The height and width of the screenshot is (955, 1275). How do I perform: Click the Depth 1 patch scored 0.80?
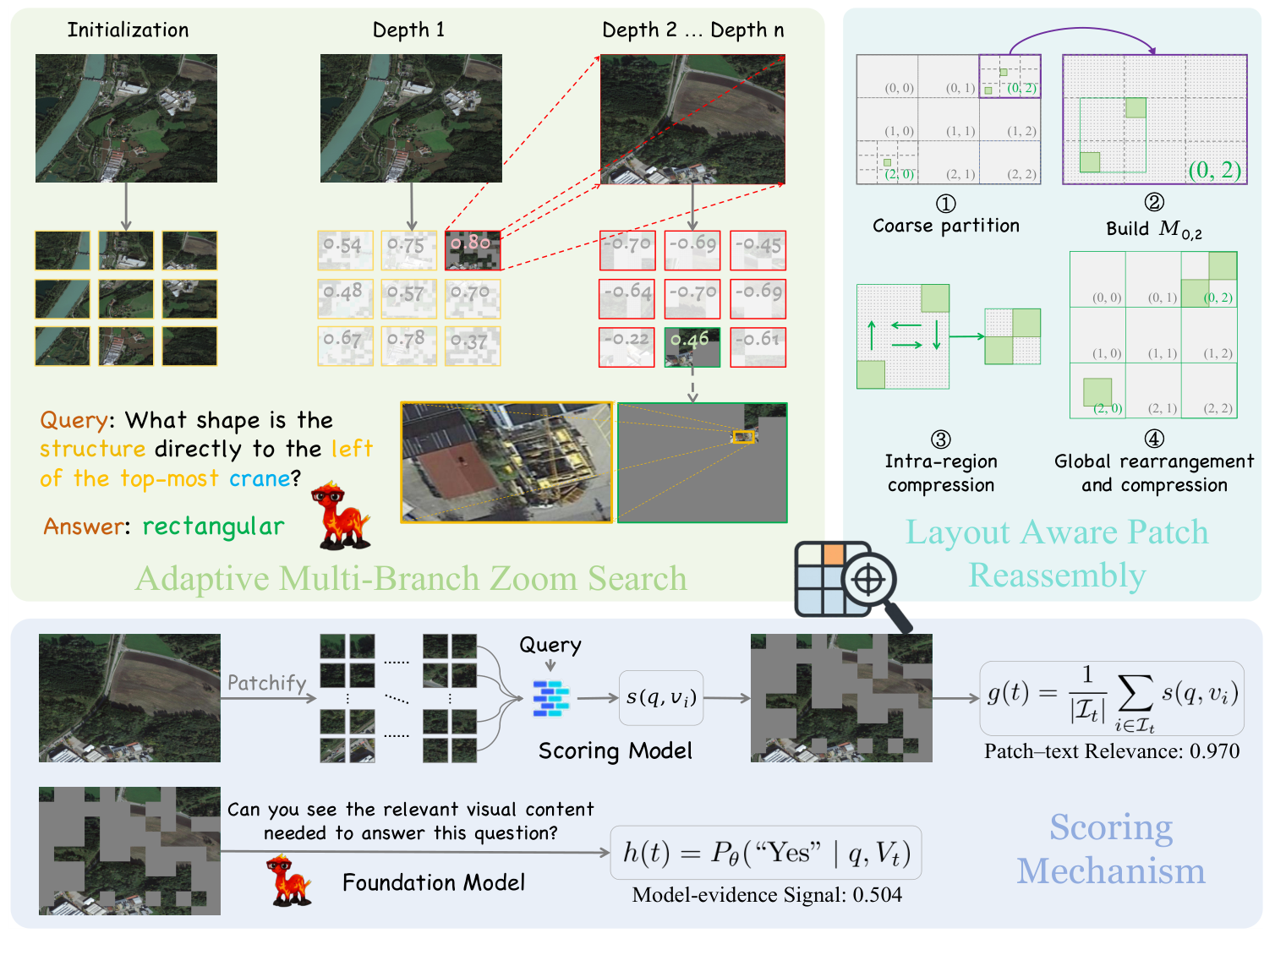[x=473, y=250]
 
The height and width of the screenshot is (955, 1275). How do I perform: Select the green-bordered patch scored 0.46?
[x=692, y=347]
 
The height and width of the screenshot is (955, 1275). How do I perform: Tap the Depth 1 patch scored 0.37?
[x=473, y=346]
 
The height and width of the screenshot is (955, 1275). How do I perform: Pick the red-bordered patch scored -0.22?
[x=627, y=347]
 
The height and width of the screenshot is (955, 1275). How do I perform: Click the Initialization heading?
[x=128, y=30]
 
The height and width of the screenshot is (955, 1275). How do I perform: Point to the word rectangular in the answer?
[x=213, y=527]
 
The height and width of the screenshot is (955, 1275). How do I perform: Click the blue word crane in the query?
[x=260, y=479]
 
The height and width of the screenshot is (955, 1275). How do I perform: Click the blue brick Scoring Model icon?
[x=551, y=699]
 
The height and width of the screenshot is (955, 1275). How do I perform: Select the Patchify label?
[x=266, y=683]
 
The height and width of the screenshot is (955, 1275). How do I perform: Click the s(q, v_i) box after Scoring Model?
[x=661, y=698]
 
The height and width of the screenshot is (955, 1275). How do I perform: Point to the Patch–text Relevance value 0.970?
[x=1214, y=751]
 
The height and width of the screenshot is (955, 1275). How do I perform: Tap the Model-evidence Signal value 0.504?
[x=878, y=895]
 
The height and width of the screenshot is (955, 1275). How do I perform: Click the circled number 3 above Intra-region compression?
[x=940, y=439]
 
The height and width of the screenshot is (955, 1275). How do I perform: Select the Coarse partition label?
[x=946, y=226]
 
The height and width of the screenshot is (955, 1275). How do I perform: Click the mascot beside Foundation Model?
[x=288, y=880]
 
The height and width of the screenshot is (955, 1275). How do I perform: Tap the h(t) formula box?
[x=766, y=854]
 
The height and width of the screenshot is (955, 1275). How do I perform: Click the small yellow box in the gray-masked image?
[x=743, y=437]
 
